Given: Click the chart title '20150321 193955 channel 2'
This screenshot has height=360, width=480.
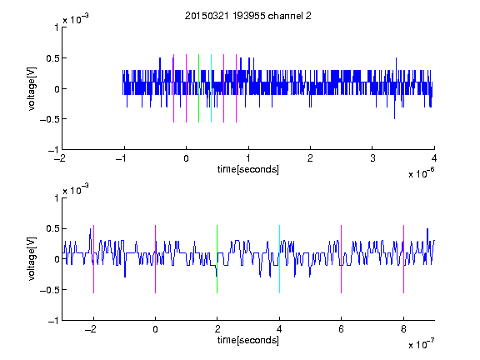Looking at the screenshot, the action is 248,16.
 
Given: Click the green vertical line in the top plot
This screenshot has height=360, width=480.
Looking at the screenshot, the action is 198,88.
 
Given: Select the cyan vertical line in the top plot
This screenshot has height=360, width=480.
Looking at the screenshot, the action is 211,88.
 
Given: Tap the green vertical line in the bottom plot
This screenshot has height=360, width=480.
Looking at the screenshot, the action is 217,259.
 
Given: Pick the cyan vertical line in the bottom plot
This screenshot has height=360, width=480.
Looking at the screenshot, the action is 279,259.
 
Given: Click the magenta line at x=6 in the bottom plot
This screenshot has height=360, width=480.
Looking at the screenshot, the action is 342,259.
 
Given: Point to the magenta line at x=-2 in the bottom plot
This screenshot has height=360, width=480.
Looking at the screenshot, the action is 93,259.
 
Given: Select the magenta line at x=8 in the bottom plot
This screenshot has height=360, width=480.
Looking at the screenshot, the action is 404,259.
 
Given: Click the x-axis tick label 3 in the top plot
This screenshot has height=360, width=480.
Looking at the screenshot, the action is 372,158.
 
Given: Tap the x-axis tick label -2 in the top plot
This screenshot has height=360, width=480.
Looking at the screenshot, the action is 60,158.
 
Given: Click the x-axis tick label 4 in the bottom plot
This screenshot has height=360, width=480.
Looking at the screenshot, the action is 279,329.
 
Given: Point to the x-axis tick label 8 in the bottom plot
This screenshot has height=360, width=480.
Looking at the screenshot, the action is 403,329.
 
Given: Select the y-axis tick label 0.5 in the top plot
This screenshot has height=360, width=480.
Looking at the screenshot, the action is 52,58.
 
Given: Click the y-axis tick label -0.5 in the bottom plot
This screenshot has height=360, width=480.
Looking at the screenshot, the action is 49,290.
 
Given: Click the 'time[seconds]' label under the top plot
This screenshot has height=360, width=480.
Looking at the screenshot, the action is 248,169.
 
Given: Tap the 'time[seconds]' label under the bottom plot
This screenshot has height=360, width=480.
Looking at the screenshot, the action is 248,340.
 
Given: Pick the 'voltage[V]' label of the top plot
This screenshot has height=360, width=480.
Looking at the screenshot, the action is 32,88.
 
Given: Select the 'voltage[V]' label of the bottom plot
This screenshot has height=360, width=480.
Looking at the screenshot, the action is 32,259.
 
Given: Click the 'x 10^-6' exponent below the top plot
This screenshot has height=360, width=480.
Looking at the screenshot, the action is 422,173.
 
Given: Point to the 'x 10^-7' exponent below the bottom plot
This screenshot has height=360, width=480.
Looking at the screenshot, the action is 422,344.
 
